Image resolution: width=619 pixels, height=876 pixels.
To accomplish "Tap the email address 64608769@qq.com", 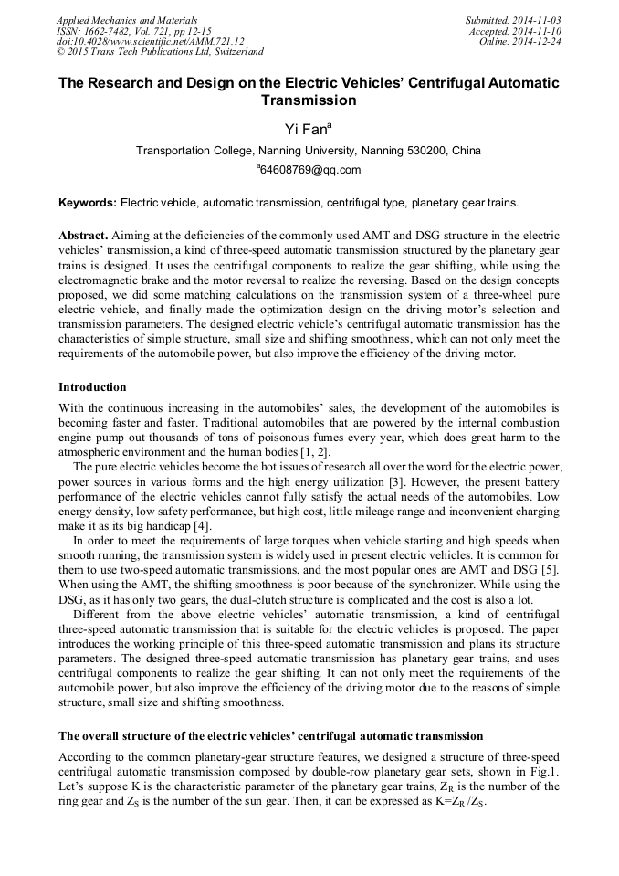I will click(309, 170).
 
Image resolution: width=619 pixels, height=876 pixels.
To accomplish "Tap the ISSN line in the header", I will click(133, 31).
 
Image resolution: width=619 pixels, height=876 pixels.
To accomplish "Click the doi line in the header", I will click(150, 42).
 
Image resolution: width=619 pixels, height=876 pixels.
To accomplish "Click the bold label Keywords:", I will click(88, 202).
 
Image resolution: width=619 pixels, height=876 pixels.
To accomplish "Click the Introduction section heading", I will click(92, 387).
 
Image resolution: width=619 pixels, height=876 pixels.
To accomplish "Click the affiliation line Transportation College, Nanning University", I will click(309, 151).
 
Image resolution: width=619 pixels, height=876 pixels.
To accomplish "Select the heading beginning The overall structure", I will click(270, 735).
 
